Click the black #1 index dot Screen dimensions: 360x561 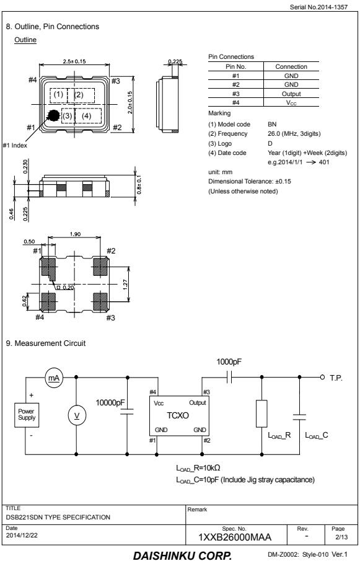point(54,115)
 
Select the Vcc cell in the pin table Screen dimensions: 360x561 point(291,103)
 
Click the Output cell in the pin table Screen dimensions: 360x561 point(291,94)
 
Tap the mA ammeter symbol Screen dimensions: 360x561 point(54,378)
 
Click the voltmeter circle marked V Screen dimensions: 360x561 point(76,415)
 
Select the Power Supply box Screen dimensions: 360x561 point(27,415)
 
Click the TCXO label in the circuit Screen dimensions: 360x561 point(178,416)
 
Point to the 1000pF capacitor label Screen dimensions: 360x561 point(229,362)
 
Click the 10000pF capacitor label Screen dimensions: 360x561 point(110,403)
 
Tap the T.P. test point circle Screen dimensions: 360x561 point(322,377)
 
